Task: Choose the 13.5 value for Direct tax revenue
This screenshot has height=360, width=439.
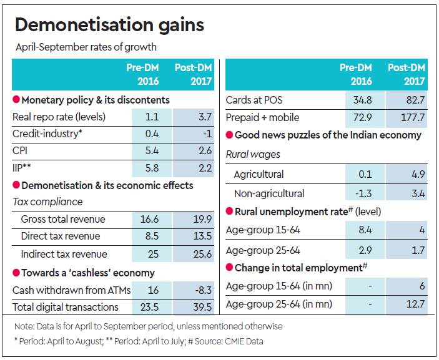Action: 201,236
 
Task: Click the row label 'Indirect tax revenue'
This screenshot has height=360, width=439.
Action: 64,254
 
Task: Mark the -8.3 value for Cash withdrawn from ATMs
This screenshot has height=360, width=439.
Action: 202,290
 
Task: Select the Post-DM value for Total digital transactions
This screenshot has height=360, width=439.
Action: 201,307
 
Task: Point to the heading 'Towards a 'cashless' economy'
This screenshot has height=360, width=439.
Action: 88,273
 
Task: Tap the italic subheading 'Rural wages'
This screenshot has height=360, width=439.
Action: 253,154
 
